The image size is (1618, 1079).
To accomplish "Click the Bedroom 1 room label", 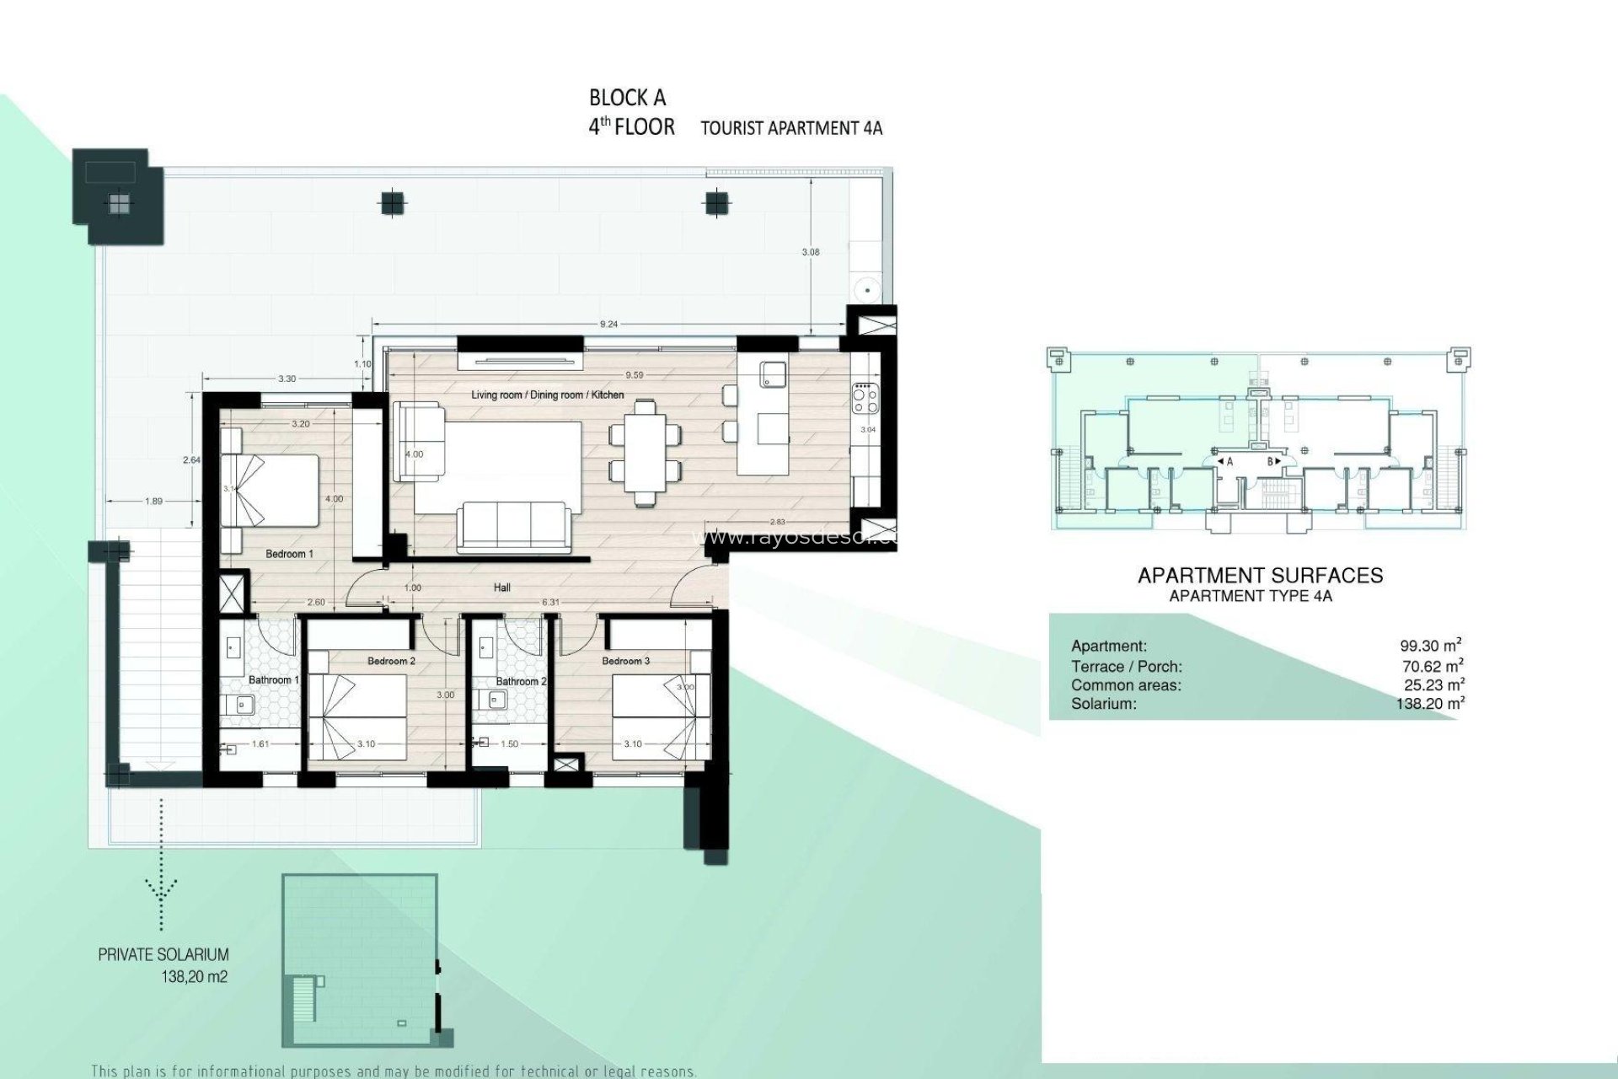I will point(289,554).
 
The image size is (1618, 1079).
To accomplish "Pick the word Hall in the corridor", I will point(502,588).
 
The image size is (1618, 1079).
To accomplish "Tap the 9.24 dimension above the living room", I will point(608,324).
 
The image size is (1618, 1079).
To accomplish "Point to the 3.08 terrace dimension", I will point(812,252).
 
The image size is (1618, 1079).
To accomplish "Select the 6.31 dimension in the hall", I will point(550,602).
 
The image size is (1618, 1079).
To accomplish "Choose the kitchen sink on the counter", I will point(772,373).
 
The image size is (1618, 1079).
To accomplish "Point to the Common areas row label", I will point(1126,685).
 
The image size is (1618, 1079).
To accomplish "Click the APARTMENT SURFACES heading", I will point(1260,576).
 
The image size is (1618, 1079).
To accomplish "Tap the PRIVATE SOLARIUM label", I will point(163,955).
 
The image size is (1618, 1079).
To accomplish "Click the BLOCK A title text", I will point(627,99).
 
